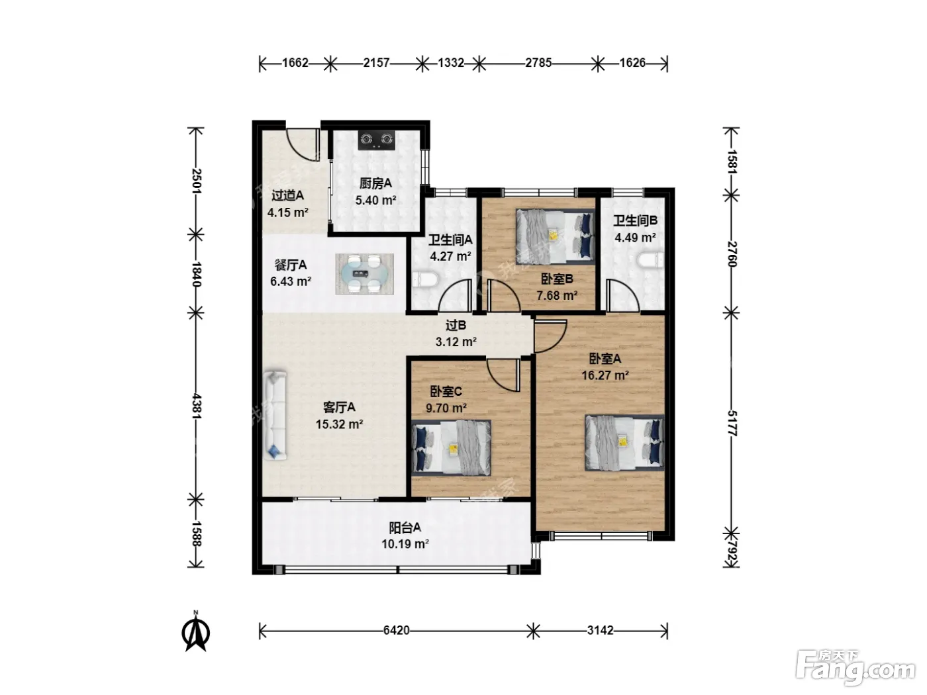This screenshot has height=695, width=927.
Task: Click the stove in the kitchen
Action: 376,140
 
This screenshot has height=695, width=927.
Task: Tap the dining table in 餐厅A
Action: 364,274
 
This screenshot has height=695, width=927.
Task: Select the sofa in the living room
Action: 275,415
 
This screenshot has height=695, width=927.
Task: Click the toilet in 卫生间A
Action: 426,280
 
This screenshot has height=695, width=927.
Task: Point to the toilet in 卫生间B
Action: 651,260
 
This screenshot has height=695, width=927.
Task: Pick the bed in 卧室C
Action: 451,447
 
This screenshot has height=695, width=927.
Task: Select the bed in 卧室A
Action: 624,443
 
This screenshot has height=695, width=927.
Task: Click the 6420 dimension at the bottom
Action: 396,630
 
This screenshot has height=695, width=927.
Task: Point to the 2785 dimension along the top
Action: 538,63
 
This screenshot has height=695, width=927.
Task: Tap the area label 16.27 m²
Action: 605,375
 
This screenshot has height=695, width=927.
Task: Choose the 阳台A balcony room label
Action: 405,528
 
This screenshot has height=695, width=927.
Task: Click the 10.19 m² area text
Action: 405,544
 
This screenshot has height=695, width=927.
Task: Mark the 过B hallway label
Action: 456,326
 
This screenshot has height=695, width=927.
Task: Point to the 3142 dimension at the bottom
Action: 600,630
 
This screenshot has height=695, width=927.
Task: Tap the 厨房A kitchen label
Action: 375,183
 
